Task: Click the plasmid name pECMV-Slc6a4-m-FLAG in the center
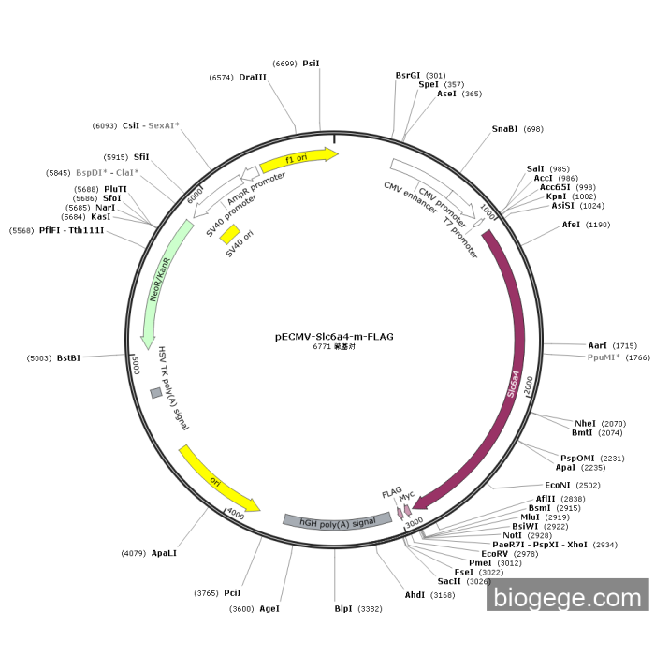coord(334,337)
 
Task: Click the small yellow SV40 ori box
coord(230,234)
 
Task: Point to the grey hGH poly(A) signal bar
coord(338,522)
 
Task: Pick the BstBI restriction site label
coord(68,358)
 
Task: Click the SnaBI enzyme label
coord(504,129)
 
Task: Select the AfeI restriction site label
coord(571,225)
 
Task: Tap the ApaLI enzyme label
coord(164,553)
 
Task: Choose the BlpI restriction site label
coord(343,608)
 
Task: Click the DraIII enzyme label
coord(253,78)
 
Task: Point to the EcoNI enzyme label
coord(558,485)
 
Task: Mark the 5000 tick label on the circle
coord(136,366)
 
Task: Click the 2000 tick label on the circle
coord(529,385)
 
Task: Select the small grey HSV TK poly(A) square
coord(156,393)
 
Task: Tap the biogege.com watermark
coord(567,595)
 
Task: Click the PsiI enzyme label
coord(311,64)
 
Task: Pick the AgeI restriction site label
coord(269,608)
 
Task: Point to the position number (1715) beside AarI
coord(624,346)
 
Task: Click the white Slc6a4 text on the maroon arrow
coord(513,384)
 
